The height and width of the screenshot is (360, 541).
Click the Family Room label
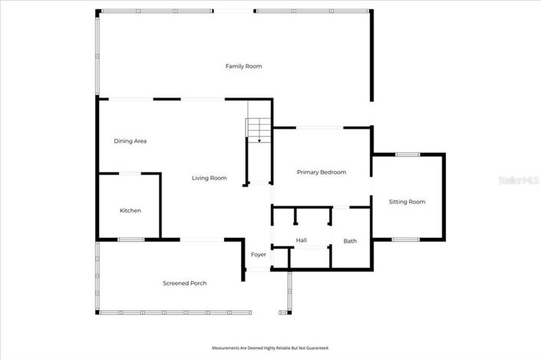tap(243, 66)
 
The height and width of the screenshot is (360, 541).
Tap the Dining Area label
tap(130, 140)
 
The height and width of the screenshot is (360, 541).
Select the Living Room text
tap(209, 178)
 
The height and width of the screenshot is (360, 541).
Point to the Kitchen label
tap(130, 210)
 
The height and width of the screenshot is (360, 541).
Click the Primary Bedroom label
tap(322, 172)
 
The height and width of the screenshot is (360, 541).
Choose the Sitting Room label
tap(407, 202)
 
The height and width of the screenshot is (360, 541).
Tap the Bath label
tap(350, 241)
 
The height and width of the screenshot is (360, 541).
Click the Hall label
tap(302, 241)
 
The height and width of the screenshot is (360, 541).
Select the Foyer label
tap(259, 255)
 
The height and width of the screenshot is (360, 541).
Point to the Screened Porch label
tap(184, 283)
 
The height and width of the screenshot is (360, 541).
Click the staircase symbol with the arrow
tap(259, 130)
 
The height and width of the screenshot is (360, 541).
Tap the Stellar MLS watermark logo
tap(519, 181)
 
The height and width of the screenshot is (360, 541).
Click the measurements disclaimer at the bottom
tap(270, 348)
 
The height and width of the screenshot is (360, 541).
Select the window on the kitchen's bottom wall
tap(130, 239)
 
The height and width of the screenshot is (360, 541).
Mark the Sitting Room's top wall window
tap(407, 155)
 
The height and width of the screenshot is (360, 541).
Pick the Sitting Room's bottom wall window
tap(406, 239)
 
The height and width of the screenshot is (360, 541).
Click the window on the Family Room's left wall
tap(97, 54)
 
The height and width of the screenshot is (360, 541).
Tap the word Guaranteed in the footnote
tap(318, 348)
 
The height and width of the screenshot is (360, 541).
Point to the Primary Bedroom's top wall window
tap(319, 127)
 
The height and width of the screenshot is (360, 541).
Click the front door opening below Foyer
tap(258, 269)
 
